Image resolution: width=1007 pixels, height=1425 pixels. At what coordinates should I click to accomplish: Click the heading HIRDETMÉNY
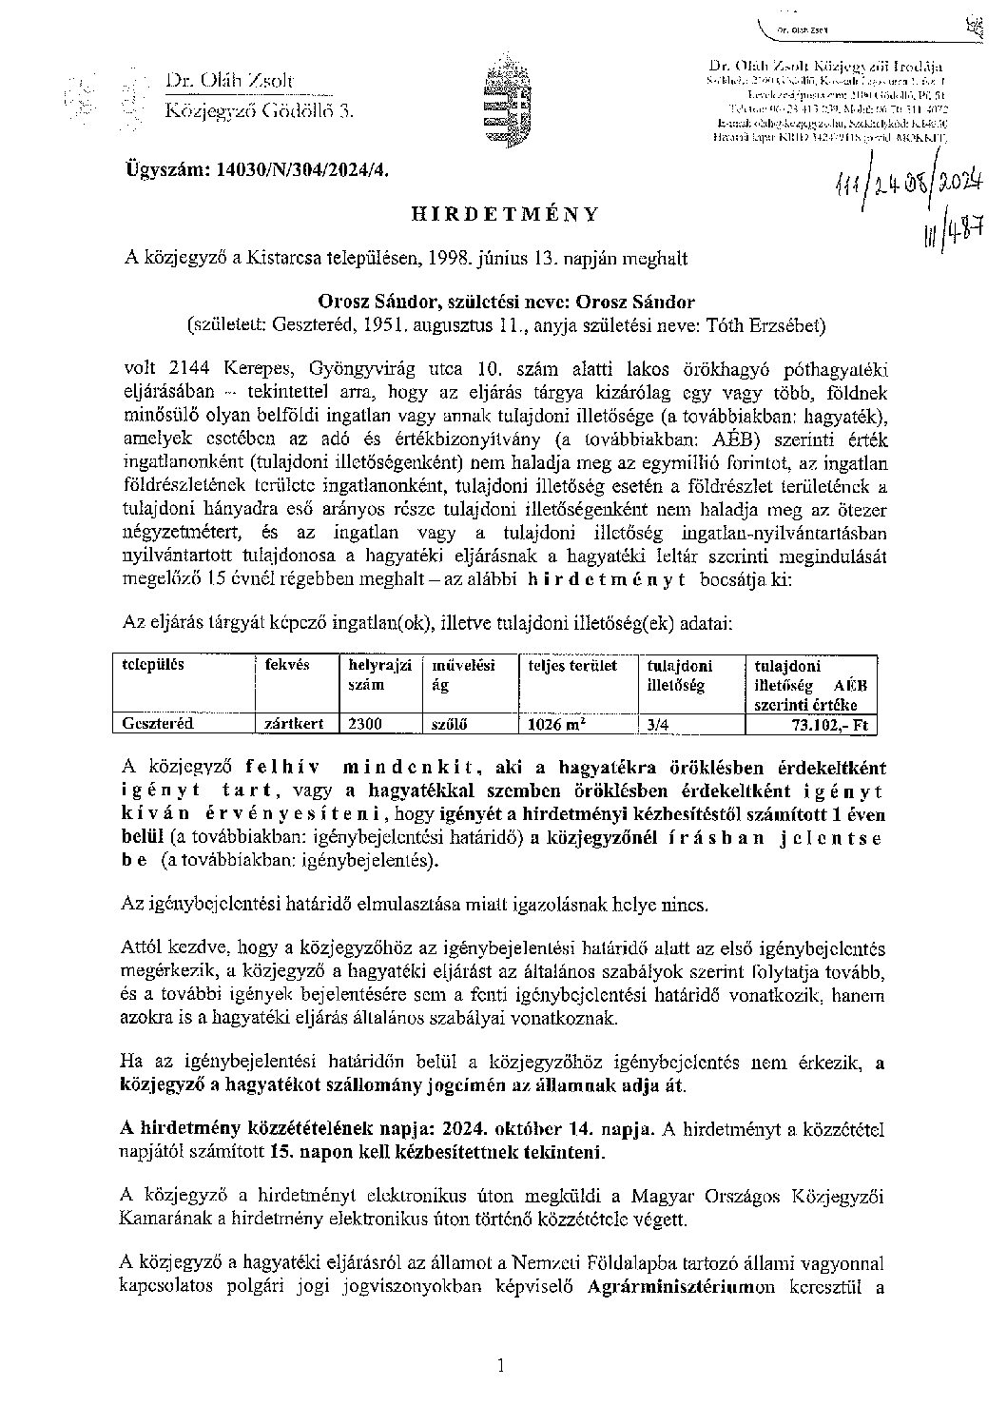pos(505,215)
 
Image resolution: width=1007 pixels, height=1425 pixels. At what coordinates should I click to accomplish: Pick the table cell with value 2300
pos(366,723)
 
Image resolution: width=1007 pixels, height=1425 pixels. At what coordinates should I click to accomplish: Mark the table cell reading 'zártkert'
pos(295,723)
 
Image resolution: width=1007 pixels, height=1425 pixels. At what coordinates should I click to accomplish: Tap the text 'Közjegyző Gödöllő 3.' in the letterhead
pos(259,110)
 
